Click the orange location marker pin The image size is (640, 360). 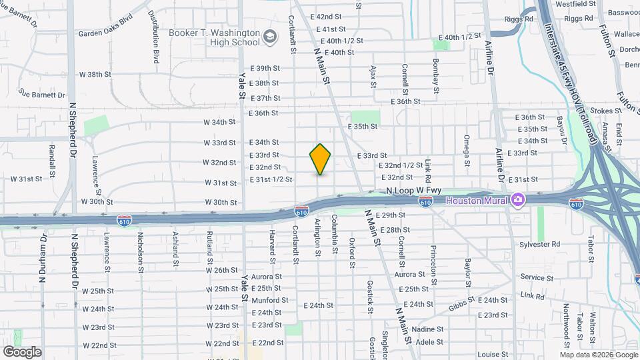(x=320, y=159)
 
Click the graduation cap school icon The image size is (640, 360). (x=270, y=36)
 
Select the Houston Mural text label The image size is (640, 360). (x=477, y=200)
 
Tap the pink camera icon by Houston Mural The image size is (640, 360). (x=517, y=199)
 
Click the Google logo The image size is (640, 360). (x=22, y=352)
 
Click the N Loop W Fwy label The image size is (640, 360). (x=413, y=191)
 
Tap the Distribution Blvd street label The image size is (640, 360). (x=154, y=37)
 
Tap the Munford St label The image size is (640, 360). (x=270, y=300)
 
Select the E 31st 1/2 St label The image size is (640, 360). (x=271, y=179)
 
